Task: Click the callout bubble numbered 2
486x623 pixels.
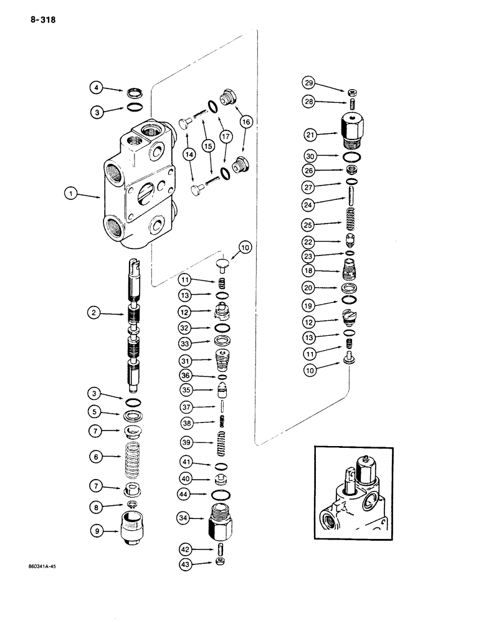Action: (x=93, y=314)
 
